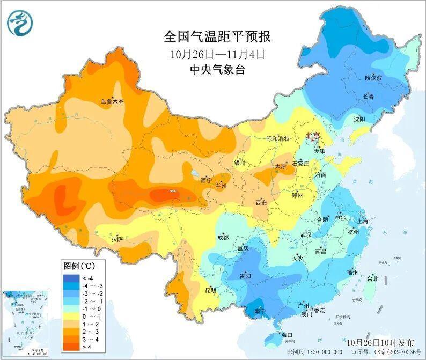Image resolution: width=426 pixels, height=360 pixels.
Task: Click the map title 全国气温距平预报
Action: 217,37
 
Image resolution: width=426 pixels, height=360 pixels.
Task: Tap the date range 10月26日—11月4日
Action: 217,54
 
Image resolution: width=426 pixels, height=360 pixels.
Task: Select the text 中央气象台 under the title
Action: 217,70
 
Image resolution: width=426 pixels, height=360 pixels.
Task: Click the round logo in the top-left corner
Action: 20,23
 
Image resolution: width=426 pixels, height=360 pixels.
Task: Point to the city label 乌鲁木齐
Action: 113,101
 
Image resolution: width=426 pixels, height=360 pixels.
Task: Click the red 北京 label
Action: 313,136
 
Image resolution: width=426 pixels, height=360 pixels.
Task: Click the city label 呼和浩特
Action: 278,138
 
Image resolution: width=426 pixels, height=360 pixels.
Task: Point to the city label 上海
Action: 363,221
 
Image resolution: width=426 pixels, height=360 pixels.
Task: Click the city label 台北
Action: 372,278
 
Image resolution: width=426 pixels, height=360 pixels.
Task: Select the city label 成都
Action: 223,237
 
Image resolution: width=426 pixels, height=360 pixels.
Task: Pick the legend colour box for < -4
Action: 71,278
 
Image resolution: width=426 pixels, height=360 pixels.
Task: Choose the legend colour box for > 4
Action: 71,347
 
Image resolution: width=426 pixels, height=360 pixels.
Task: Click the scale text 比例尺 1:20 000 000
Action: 314,352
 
